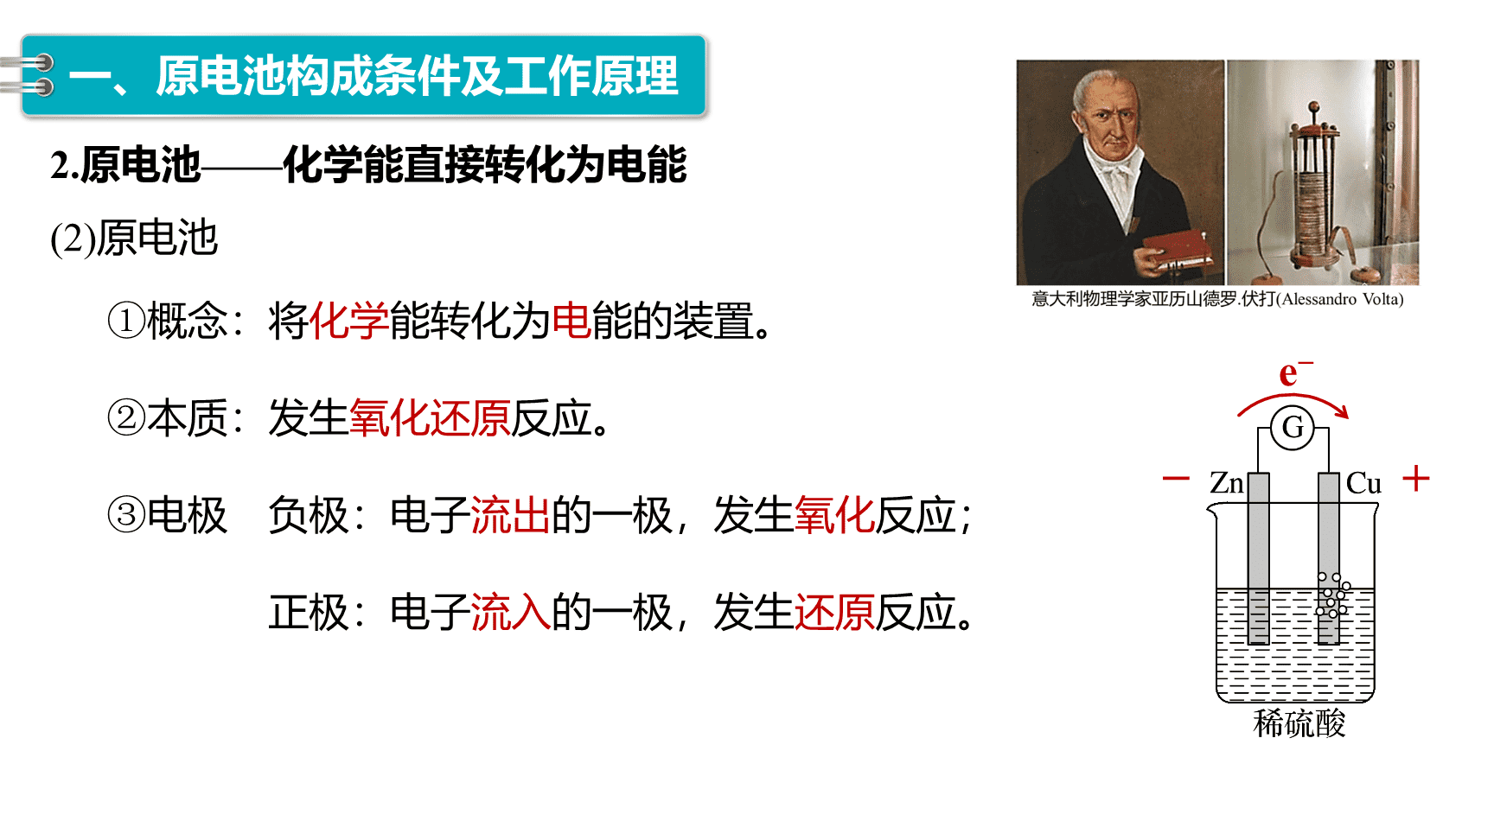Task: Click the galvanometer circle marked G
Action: click(x=1293, y=427)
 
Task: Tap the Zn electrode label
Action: click(x=1226, y=483)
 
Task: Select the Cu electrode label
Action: click(x=1363, y=483)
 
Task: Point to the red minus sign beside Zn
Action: click(x=1176, y=478)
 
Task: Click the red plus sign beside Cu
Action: click(x=1416, y=478)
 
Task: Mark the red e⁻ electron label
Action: click(x=1295, y=372)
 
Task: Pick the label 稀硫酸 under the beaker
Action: click(x=1299, y=723)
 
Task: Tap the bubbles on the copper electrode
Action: click(x=1331, y=595)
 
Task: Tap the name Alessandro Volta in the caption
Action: click(x=1340, y=299)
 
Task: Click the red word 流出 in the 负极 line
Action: click(x=511, y=516)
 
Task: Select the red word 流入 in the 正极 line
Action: click(x=511, y=613)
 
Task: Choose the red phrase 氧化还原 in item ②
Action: click(x=430, y=418)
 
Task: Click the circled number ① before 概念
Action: click(x=126, y=321)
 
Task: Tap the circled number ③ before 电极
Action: click(x=126, y=515)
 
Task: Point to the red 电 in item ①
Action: click(x=571, y=321)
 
